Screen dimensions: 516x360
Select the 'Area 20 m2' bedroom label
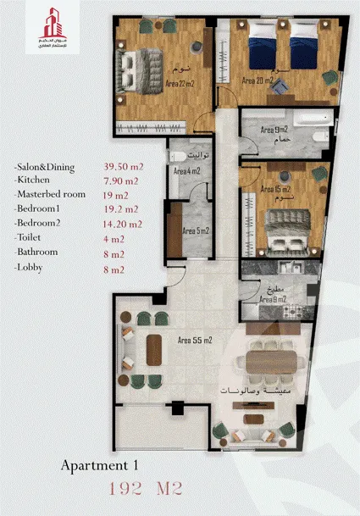coord(258,81)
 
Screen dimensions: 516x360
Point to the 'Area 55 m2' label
coord(194,340)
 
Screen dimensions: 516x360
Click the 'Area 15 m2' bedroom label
coord(274,189)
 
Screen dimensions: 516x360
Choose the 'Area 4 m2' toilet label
coord(186,171)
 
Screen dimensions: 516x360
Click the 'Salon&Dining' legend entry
coord(46,168)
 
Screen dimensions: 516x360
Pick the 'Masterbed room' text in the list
coord(52,193)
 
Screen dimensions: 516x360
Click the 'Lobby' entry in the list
coord(30,269)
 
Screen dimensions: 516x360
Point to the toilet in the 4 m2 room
coord(178,156)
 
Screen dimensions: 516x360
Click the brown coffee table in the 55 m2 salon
coord(155,347)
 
